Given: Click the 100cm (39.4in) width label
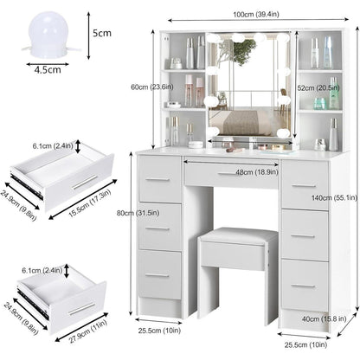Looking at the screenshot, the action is (x=256, y=14).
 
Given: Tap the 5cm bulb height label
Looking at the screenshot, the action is (x=102, y=33).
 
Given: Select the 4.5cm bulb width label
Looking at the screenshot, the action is (x=48, y=69).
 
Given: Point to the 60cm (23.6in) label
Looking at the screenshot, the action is (x=151, y=87).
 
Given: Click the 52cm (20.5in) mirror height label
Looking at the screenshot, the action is (x=318, y=88).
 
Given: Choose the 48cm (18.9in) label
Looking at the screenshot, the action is (x=257, y=172).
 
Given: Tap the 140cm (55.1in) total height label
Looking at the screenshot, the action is (x=334, y=197).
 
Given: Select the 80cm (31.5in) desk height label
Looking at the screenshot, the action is (x=138, y=213).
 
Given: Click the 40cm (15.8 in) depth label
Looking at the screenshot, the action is (x=325, y=318).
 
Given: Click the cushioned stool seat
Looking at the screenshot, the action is (x=238, y=235).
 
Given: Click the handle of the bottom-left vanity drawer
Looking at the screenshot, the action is (x=157, y=275).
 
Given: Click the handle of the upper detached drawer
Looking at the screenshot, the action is (x=85, y=183).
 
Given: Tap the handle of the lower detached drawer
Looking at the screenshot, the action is (x=81, y=309).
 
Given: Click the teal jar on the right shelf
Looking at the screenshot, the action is (x=319, y=104).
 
